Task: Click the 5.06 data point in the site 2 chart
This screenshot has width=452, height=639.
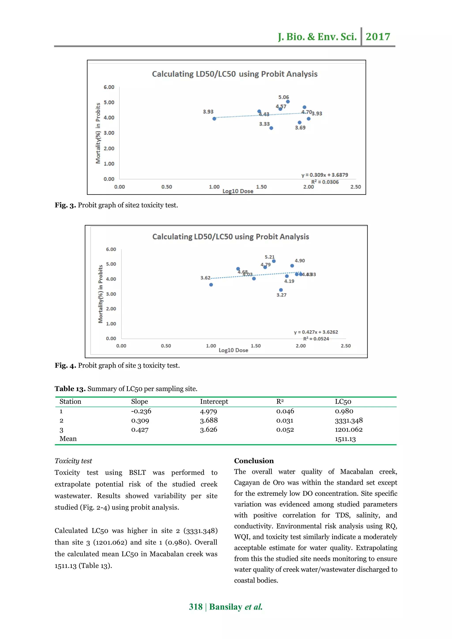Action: (288, 101)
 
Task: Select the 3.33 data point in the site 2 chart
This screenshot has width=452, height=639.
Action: (271, 128)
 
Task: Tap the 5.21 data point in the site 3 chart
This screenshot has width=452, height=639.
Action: (274, 261)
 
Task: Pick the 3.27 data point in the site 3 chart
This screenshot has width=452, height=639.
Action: (281, 290)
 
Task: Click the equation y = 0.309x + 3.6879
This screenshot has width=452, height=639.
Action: (324, 175)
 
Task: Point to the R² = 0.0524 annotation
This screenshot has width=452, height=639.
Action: (316, 339)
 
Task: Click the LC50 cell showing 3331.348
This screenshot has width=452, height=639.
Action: (348, 421)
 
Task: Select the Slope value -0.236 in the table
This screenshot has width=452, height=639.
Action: (141, 411)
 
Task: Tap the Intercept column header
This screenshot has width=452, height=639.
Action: (214, 401)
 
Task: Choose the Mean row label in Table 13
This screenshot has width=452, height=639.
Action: (68, 439)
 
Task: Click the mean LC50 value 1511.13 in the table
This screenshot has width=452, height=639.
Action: (345, 439)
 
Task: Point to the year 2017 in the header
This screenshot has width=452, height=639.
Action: (378, 36)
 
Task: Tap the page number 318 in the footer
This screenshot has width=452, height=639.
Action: (196, 607)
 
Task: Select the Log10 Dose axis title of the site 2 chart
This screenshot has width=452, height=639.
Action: (238, 191)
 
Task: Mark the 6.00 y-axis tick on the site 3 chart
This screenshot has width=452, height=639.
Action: (111, 249)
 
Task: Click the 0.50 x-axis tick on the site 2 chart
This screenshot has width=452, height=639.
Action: (166, 187)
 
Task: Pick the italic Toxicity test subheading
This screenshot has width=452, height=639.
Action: (73, 461)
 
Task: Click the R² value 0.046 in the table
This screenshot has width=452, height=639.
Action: (285, 411)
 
